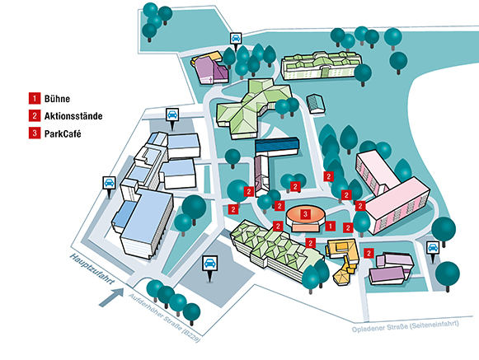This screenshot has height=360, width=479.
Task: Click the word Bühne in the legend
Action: point(57,99)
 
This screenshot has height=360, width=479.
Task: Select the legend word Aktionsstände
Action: point(73,116)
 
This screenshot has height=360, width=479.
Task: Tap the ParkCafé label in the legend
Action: point(63,133)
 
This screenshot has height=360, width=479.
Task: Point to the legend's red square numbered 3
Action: point(35,133)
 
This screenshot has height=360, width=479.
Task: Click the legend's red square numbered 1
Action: point(35,98)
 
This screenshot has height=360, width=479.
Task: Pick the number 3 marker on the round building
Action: point(305,214)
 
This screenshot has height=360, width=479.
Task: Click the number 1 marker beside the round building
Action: point(331,227)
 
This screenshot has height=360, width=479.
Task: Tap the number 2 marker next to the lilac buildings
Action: point(369,253)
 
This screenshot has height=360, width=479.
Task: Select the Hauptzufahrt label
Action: point(92,269)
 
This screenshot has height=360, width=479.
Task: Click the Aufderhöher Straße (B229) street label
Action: point(165,317)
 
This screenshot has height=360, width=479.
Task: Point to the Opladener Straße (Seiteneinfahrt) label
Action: point(406,326)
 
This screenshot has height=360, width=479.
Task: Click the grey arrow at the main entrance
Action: point(111,297)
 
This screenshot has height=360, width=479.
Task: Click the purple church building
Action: point(210,68)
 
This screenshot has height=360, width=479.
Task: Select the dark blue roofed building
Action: point(277,147)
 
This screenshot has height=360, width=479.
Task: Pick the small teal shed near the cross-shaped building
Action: point(316,104)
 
